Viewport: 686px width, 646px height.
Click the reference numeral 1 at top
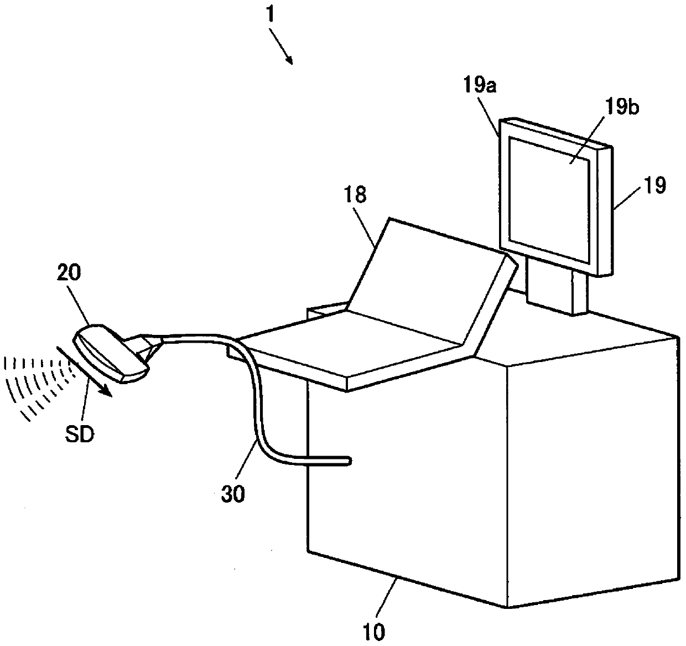271,15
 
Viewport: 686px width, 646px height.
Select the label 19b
622,107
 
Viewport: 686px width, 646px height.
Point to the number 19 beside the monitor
655,185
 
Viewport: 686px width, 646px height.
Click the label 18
355,194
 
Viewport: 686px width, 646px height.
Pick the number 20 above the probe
69,272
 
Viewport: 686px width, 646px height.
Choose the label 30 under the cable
233,494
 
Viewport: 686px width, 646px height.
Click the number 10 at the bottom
375,632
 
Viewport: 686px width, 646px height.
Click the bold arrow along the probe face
84,371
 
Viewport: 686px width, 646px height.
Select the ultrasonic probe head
110,353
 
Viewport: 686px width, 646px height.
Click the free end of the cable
349,461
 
